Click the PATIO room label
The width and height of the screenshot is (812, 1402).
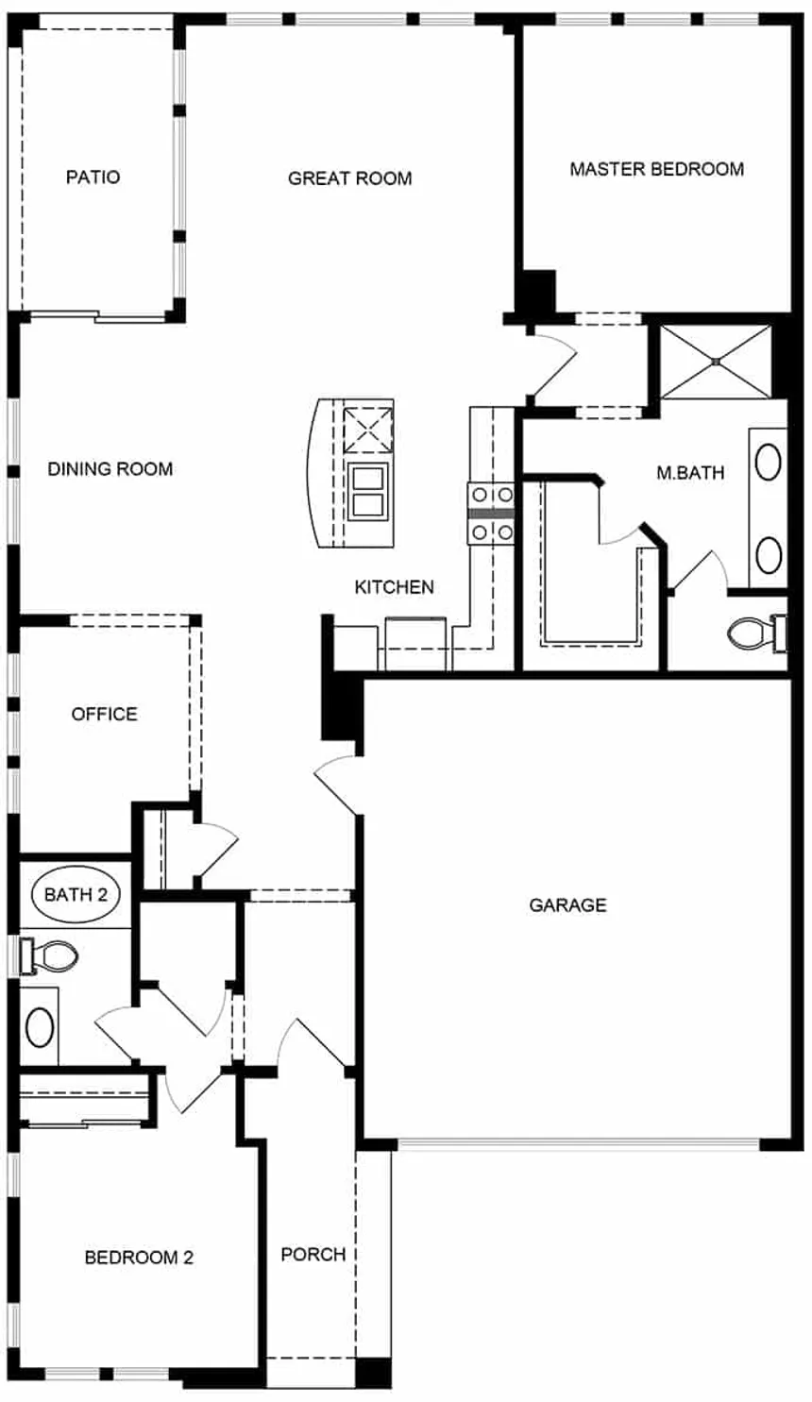point(93,177)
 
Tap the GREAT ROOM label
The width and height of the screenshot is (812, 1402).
point(350,178)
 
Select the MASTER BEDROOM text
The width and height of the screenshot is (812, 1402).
point(657,169)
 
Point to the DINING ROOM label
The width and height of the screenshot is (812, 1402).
point(110,469)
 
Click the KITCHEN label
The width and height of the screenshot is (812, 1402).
point(395,587)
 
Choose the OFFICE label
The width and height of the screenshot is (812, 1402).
point(104,714)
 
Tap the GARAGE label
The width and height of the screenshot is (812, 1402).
point(567,905)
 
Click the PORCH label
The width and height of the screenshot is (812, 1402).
point(313,1255)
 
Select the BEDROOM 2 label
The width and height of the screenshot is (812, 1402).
point(139,1258)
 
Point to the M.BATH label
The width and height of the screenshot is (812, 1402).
point(690,473)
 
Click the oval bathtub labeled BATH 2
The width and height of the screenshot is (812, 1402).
point(76,894)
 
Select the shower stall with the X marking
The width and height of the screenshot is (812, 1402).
point(716,362)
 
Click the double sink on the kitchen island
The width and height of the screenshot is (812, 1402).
point(368,492)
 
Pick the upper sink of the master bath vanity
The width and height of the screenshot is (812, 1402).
point(769,462)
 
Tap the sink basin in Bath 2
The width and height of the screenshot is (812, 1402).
point(40,1027)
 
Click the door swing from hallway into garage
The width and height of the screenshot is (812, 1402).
point(338,785)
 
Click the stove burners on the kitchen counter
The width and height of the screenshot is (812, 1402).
point(492,514)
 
